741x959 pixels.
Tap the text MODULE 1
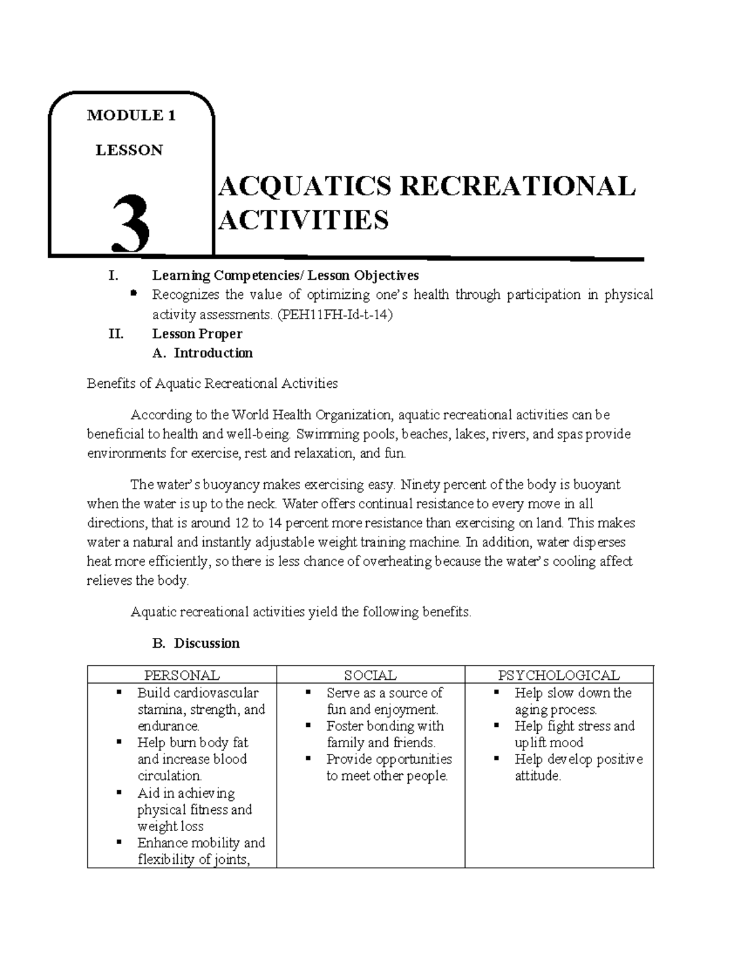(131, 115)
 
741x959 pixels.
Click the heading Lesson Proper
(197, 334)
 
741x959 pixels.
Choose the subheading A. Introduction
(203, 353)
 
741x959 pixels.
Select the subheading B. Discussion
(196, 643)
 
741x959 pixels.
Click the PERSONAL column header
(182, 675)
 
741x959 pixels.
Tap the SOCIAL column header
(371, 675)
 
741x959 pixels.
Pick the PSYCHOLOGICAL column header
(559, 675)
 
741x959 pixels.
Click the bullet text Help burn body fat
(193, 743)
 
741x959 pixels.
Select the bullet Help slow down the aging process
(572, 701)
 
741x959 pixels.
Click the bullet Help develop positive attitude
(578, 768)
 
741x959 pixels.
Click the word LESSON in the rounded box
(129, 150)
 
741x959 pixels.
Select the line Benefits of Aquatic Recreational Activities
(212, 383)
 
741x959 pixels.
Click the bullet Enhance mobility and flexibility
(201, 851)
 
